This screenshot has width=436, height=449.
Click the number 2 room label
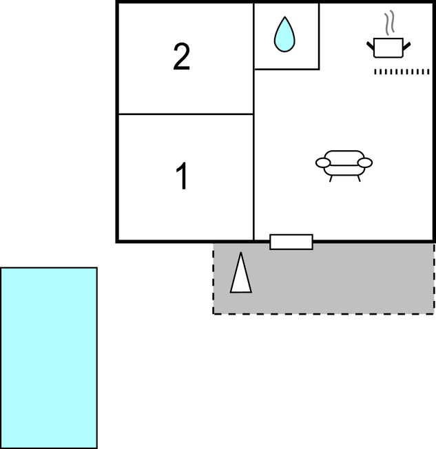point(181,56)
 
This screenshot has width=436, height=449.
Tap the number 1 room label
point(182,176)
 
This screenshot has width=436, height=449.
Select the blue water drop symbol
point(284,34)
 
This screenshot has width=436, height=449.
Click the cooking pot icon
point(388,48)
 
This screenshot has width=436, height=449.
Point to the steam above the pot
point(389,23)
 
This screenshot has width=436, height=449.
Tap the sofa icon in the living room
point(344,166)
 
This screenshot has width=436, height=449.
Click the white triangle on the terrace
point(241,273)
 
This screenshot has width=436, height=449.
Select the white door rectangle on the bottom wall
point(291,242)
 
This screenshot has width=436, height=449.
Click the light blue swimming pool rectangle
point(49,357)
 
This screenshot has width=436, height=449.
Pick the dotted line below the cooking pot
point(402,72)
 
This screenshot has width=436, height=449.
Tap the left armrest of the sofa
point(323,163)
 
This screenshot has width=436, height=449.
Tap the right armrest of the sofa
point(365,163)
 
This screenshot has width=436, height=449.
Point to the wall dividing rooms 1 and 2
point(186,114)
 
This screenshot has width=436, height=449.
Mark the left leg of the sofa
point(331,178)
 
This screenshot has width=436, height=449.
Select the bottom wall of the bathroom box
point(287,69)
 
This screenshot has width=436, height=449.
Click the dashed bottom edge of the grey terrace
point(324,314)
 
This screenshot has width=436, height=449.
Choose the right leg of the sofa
point(359,178)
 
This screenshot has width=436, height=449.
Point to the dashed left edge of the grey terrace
point(213,279)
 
